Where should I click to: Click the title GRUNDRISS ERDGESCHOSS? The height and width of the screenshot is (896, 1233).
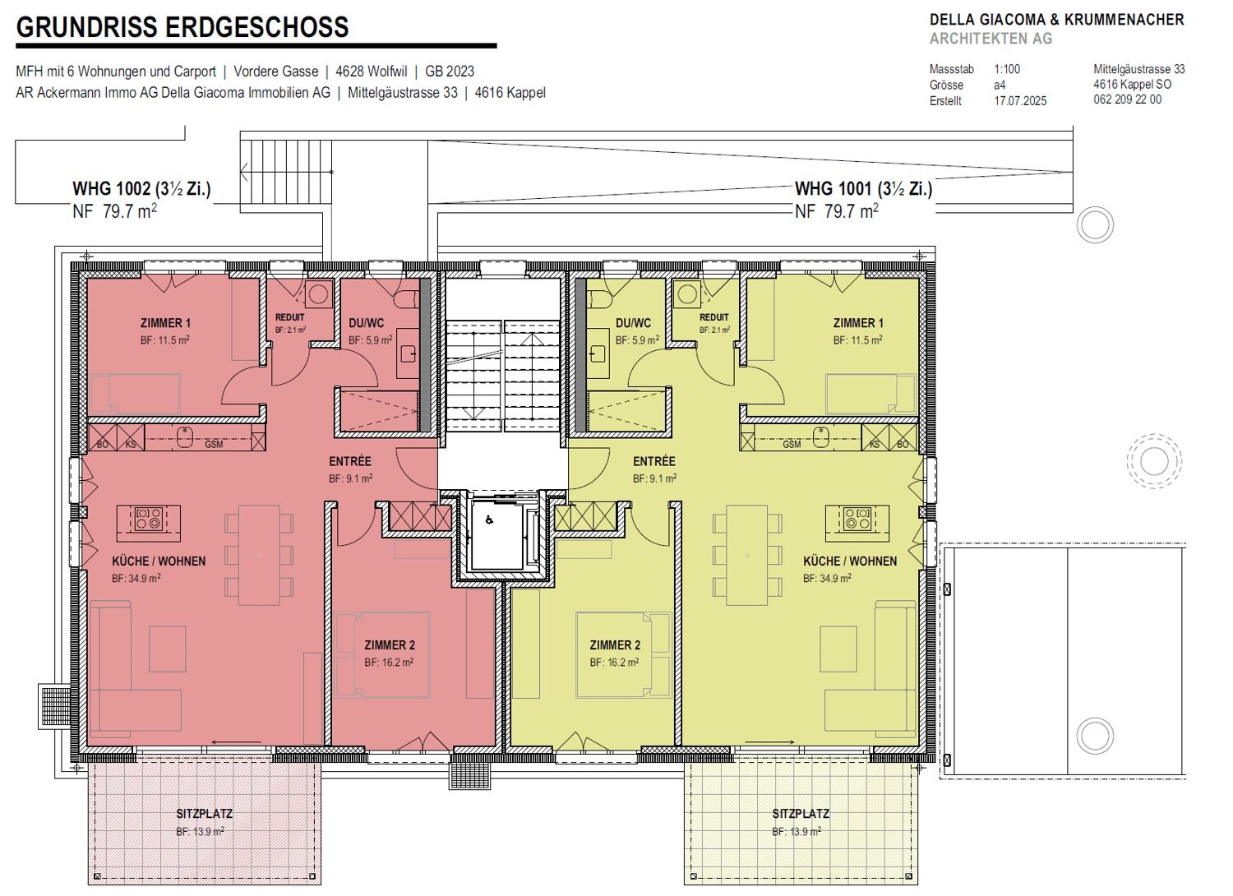click(182, 27)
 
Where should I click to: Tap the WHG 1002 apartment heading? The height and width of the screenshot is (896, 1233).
click(141, 189)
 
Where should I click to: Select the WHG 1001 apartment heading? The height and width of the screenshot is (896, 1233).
click(864, 189)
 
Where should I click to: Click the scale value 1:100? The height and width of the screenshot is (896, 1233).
click(1007, 69)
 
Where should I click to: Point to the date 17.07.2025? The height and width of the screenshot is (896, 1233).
click(1020, 101)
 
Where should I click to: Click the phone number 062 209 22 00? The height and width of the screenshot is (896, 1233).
click(1127, 99)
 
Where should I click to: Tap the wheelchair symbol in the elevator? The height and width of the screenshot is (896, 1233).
click(489, 519)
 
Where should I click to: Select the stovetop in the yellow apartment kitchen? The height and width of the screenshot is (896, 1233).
click(857, 519)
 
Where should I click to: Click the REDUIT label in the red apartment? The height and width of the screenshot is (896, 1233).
click(289, 317)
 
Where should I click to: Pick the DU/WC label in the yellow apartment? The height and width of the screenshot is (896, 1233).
click(633, 323)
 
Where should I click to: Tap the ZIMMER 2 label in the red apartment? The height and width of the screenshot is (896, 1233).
click(389, 645)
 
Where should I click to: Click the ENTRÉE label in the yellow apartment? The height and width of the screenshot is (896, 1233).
click(654, 461)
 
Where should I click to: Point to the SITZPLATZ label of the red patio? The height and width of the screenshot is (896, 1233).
click(204, 814)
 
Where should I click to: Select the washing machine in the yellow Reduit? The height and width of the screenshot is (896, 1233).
click(687, 294)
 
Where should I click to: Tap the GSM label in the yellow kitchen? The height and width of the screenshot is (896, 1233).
click(792, 444)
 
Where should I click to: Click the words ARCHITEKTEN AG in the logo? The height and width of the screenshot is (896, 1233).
click(991, 39)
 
